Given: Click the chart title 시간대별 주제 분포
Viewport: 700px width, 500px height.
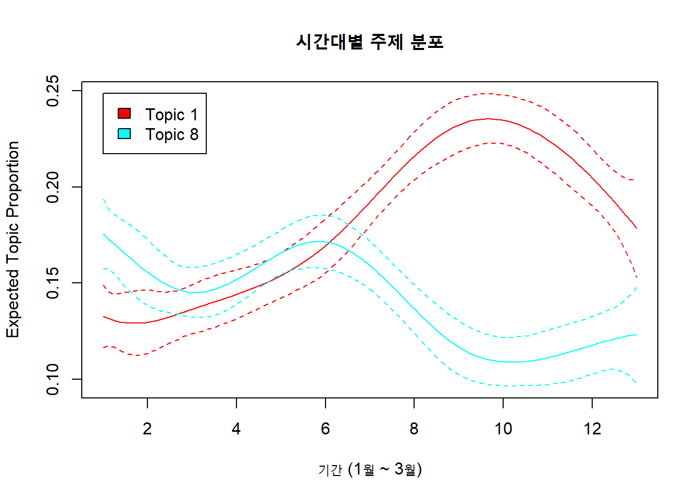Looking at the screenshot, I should (x=370, y=42).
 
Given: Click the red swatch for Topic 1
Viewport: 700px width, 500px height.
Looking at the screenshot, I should (x=124, y=114).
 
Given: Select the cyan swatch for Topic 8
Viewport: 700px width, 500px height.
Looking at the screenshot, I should (x=124, y=134).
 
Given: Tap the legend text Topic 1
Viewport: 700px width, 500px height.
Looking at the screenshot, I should (x=171, y=115).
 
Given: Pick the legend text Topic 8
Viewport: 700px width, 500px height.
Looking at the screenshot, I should (x=171, y=134).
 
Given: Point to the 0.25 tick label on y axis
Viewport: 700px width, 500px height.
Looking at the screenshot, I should (x=53, y=91).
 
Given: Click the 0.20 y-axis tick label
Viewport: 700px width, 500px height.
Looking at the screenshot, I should (x=53, y=187).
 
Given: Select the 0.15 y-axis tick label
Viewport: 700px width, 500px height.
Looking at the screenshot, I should (x=53, y=283).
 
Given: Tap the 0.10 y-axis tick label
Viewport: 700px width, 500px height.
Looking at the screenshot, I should (x=53, y=379).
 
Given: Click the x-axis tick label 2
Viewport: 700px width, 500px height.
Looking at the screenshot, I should (x=147, y=429).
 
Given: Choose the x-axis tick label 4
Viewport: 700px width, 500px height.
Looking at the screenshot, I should (x=236, y=429).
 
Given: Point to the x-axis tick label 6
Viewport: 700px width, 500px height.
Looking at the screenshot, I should (x=326, y=429).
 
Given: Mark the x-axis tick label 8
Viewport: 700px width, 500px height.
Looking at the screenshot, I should (x=414, y=429).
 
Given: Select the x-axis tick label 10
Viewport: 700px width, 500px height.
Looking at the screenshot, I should (x=503, y=429).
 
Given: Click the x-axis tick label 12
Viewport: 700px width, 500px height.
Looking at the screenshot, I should (x=592, y=429).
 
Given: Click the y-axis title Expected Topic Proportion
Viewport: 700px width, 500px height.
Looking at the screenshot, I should (x=12, y=240).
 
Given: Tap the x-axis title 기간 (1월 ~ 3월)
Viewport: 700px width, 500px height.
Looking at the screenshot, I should (x=370, y=469).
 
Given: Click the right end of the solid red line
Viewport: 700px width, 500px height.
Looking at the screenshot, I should (x=636, y=228).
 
